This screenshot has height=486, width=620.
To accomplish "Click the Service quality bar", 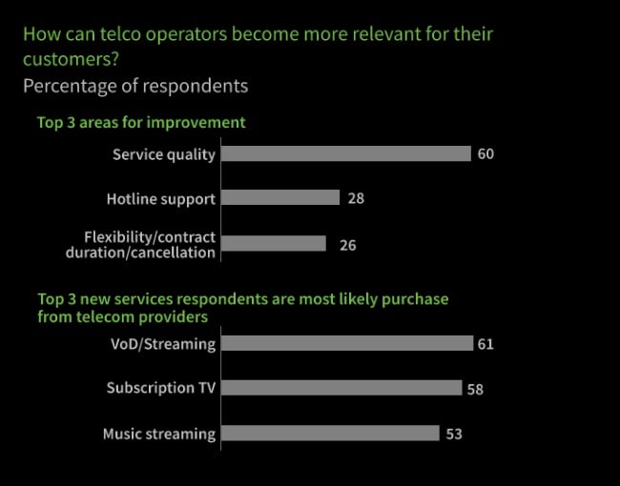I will tap(346, 153).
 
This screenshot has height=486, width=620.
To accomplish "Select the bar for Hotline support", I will tap(280, 198).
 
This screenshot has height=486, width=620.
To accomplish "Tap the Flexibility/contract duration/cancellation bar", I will tap(274, 244).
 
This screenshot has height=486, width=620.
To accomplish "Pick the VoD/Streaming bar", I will tap(347, 343).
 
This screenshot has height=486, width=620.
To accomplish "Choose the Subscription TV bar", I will tap(341, 388).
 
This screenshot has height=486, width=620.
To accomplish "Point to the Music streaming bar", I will tap(330, 434).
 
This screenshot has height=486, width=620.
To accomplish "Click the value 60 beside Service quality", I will tap(486, 154).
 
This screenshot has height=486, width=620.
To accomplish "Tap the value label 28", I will tap(357, 199).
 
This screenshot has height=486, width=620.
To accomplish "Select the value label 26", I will tap(348, 245).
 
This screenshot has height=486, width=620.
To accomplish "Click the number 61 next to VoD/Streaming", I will tap(486, 344).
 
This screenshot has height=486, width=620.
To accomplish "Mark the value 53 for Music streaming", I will tap(454, 435).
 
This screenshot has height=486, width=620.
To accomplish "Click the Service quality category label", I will tap(164, 154).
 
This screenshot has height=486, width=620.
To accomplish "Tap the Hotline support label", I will tap(161, 199).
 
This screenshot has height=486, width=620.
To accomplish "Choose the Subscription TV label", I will tap(161, 388).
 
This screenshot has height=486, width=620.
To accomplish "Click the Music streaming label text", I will tap(159, 434).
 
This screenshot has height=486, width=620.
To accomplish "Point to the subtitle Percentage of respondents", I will tap(135, 86).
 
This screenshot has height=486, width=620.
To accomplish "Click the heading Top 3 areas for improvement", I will tap(141, 122).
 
